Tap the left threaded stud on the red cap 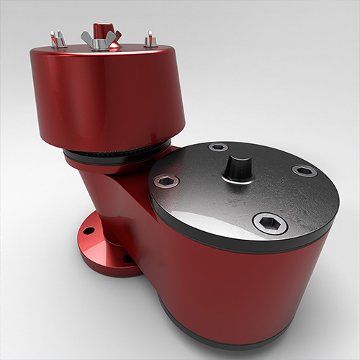58,39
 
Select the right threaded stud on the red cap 150,39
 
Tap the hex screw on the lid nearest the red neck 167,181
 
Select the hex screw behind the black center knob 218,147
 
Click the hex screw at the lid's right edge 304,171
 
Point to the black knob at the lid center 237,167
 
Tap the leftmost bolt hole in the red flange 89,231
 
